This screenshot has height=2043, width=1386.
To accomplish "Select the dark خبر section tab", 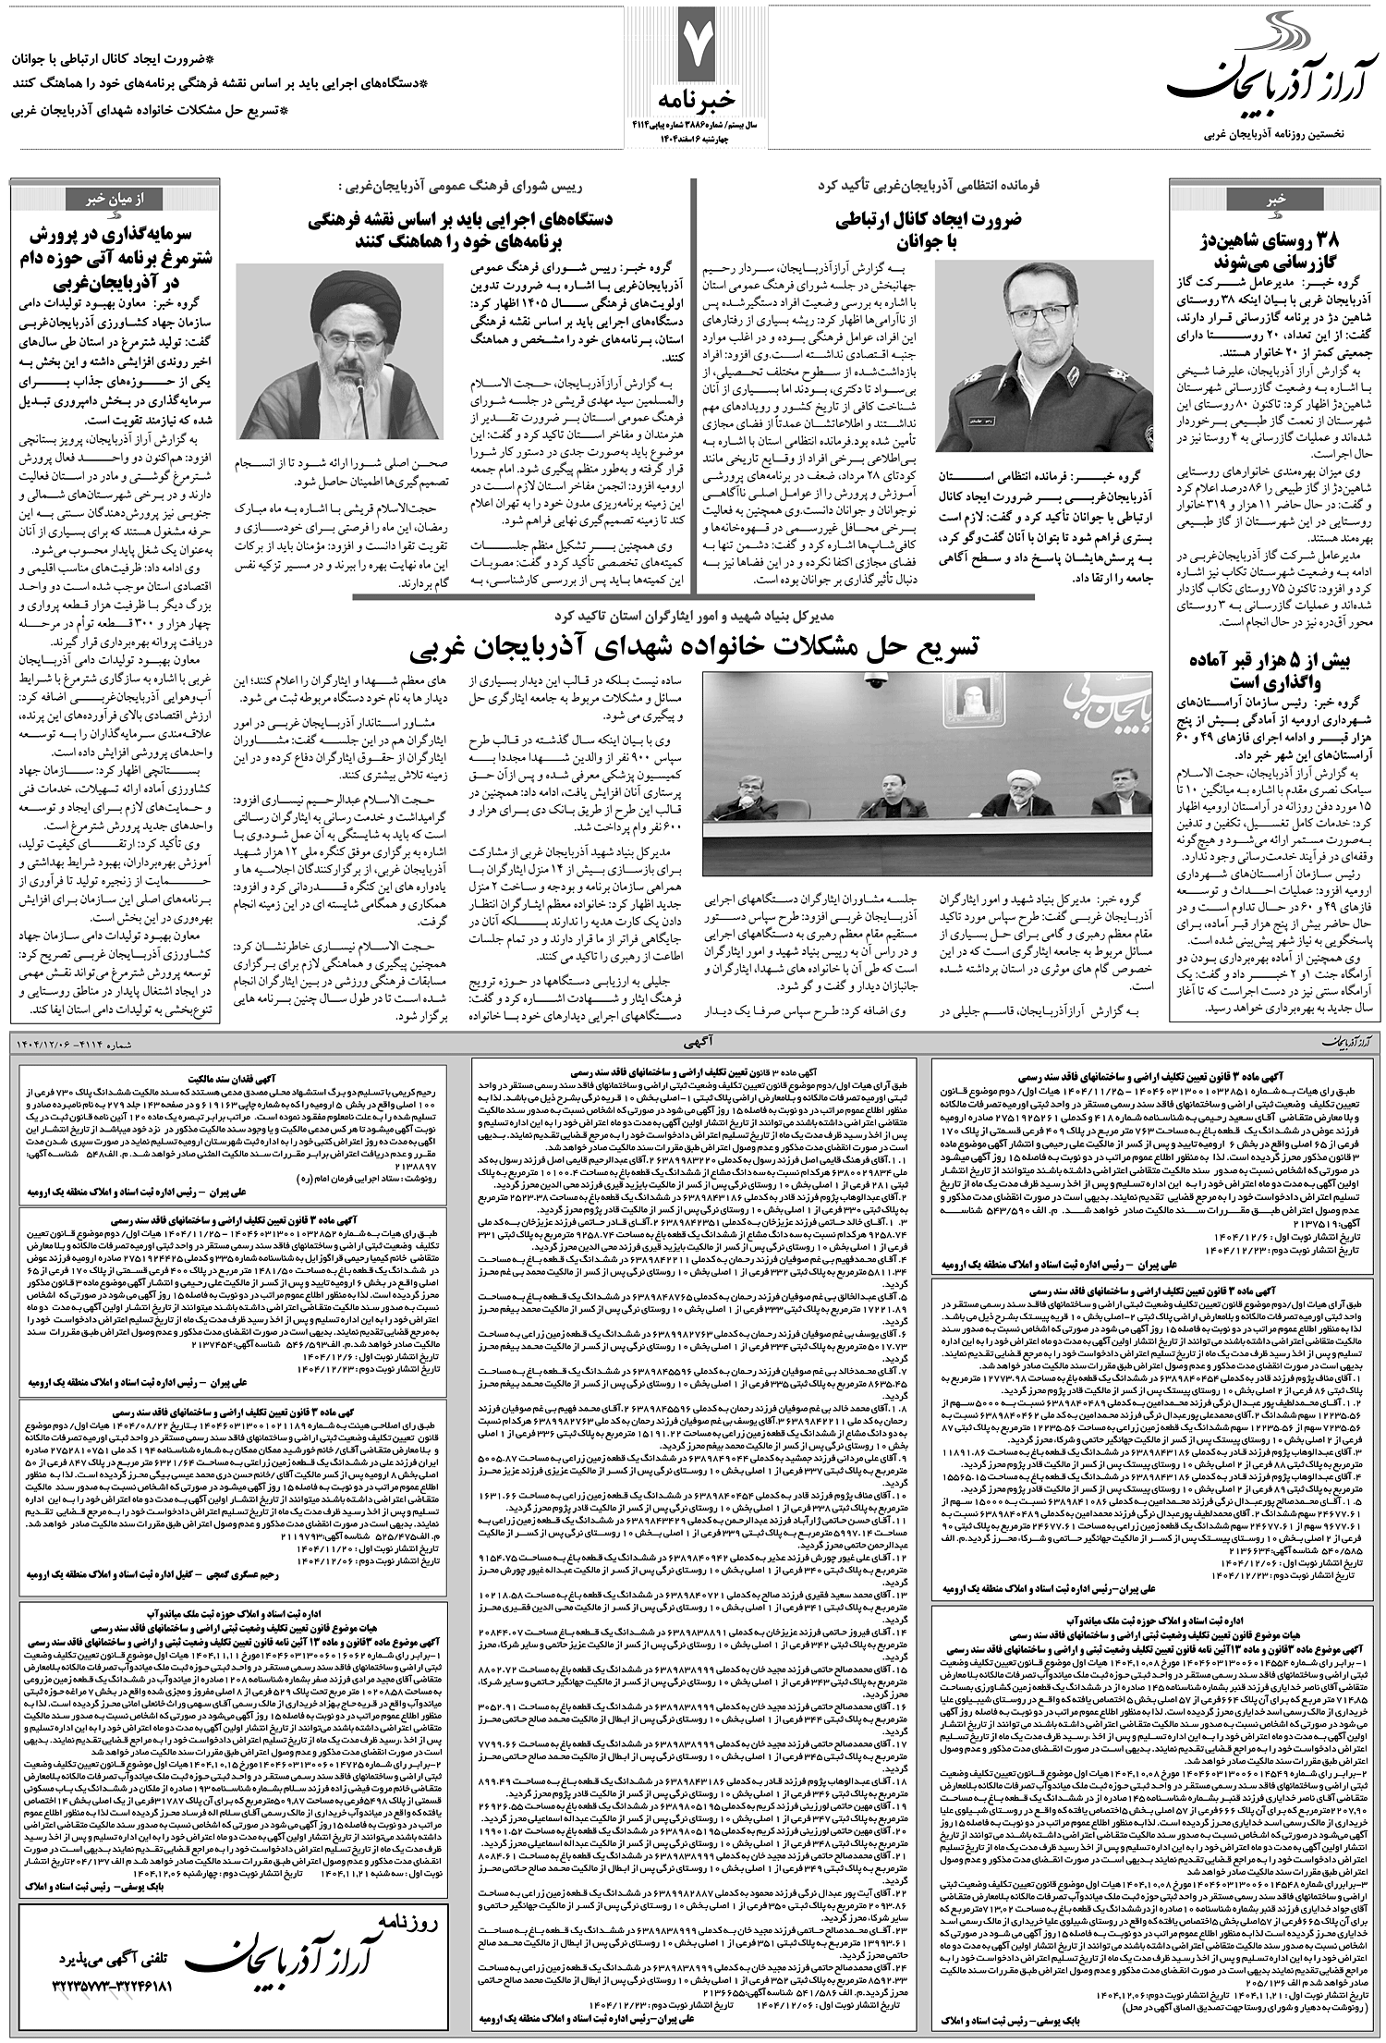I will [1274, 199].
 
